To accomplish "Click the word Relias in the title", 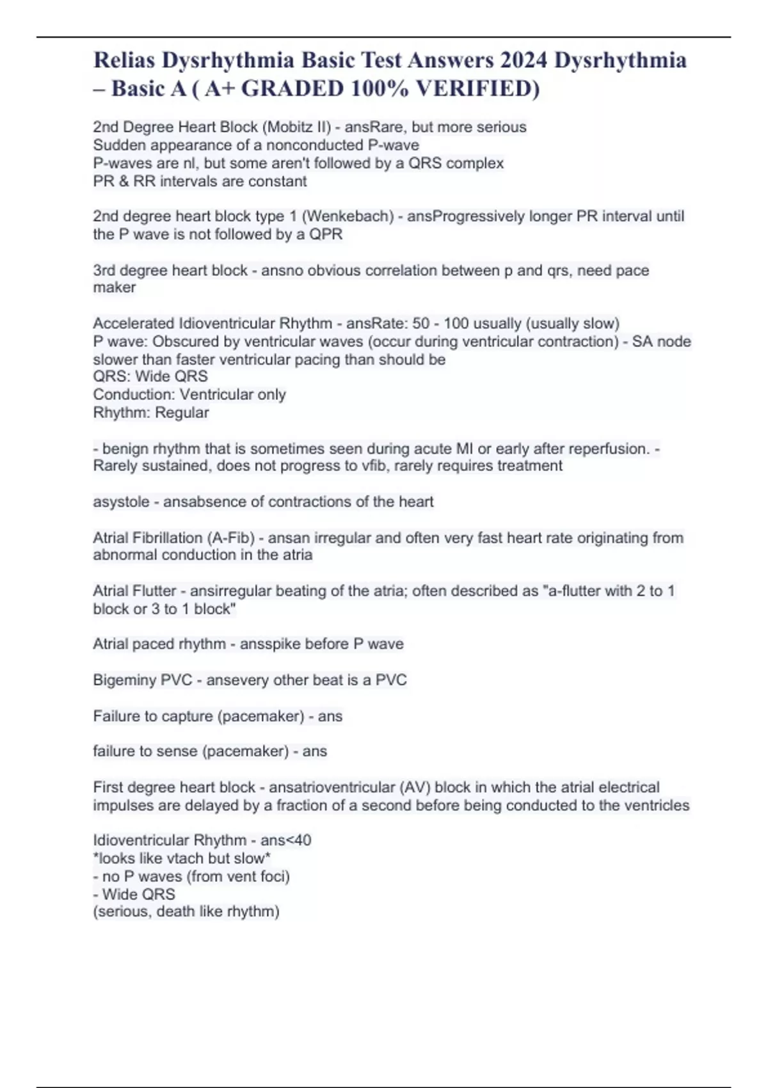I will (x=124, y=60).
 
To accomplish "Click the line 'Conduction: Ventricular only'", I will (x=189, y=395).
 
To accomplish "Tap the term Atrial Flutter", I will (x=134, y=591).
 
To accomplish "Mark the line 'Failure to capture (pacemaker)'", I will (x=198, y=716).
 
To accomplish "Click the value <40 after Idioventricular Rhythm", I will (x=299, y=840).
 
